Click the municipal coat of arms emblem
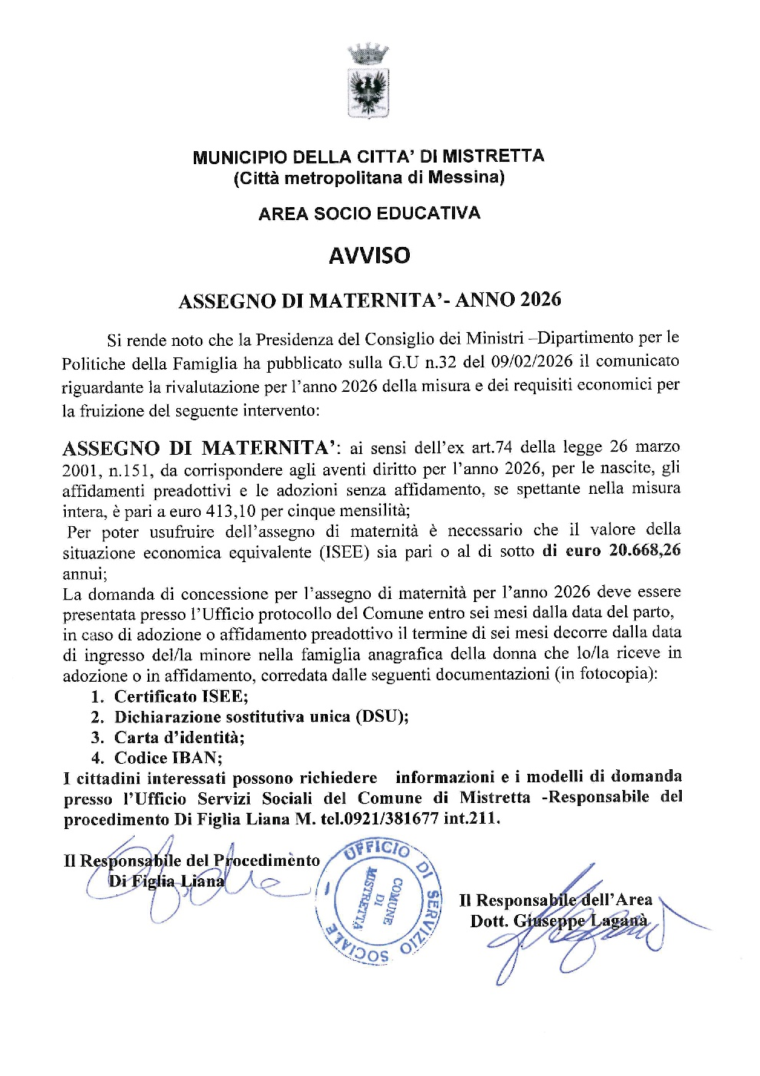(x=369, y=82)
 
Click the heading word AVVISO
(x=369, y=255)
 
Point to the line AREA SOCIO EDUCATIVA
(x=369, y=213)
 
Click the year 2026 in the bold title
(x=540, y=299)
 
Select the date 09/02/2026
(x=529, y=361)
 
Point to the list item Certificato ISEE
(x=181, y=696)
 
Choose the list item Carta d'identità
(x=179, y=738)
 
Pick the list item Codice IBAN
(x=168, y=758)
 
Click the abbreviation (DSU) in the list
(x=381, y=717)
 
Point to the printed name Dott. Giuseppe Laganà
(x=559, y=921)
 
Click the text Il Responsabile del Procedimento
(x=192, y=860)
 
